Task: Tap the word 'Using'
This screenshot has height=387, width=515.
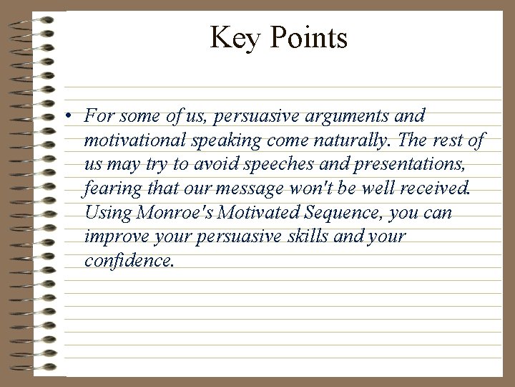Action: [106, 213]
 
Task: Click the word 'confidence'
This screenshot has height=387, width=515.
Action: [128, 262]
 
